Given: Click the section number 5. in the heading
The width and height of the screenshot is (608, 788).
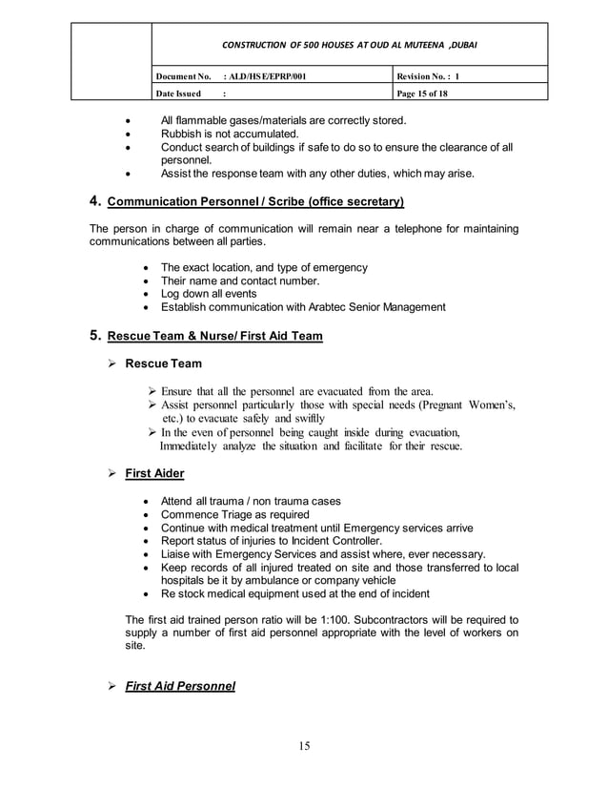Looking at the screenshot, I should coord(95,336).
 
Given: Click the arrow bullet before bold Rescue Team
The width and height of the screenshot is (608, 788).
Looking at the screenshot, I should coord(111,363).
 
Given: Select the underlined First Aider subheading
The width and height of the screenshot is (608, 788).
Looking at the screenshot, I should coord(154,473).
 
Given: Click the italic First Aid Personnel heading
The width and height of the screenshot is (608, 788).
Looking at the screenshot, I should coord(180,686).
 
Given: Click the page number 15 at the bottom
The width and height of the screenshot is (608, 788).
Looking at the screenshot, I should coord(304,745).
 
